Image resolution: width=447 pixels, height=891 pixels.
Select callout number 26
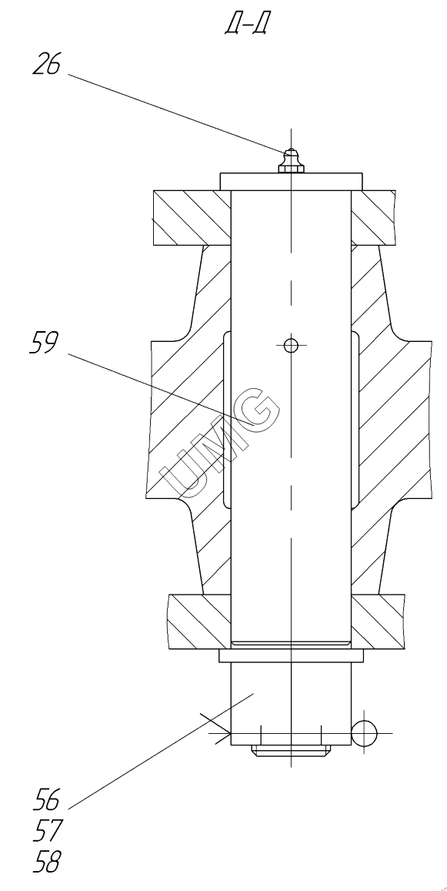46,64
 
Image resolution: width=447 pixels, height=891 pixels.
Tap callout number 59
43,343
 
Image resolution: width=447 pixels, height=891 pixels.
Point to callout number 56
46,799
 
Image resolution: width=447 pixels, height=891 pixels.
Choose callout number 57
46,831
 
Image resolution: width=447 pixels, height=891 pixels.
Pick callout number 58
46,862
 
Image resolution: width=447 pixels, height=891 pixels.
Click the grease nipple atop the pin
291,161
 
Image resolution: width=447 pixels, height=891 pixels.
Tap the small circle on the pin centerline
291,344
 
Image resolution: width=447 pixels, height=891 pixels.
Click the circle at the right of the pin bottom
364,733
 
